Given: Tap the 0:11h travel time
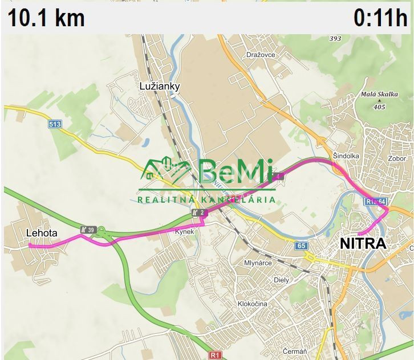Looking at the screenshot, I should (380, 18).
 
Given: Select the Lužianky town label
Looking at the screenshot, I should (160, 87).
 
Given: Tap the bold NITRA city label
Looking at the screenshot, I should (363, 244).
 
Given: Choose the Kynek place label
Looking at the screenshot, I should (184, 231).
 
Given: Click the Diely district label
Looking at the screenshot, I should (282, 280).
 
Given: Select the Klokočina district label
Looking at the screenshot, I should (253, 304).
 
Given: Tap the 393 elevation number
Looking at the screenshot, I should (335, 39).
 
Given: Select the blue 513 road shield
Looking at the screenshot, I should (55, 124).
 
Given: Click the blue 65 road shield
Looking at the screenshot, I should (301, 246).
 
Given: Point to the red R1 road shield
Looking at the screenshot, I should (214, 355).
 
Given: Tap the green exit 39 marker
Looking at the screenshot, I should (88, 229).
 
